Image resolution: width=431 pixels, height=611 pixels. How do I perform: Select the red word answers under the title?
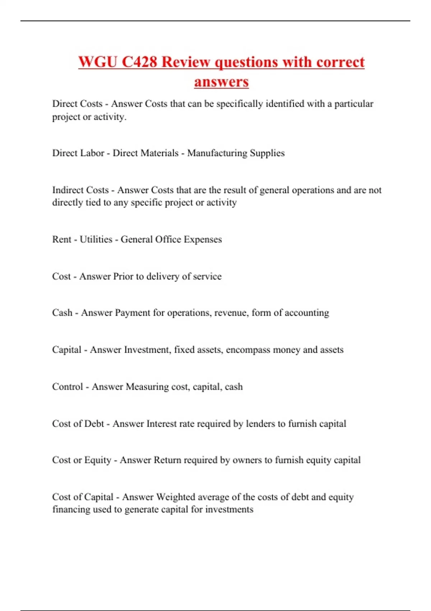point(221,82)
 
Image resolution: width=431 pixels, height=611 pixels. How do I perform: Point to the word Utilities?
point(96,239)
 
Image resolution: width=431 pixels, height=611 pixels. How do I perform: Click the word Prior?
point(123,276)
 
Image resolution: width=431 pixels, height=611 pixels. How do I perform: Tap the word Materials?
point(161,153)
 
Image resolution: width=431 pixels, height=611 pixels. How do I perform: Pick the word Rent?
point(62,239)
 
